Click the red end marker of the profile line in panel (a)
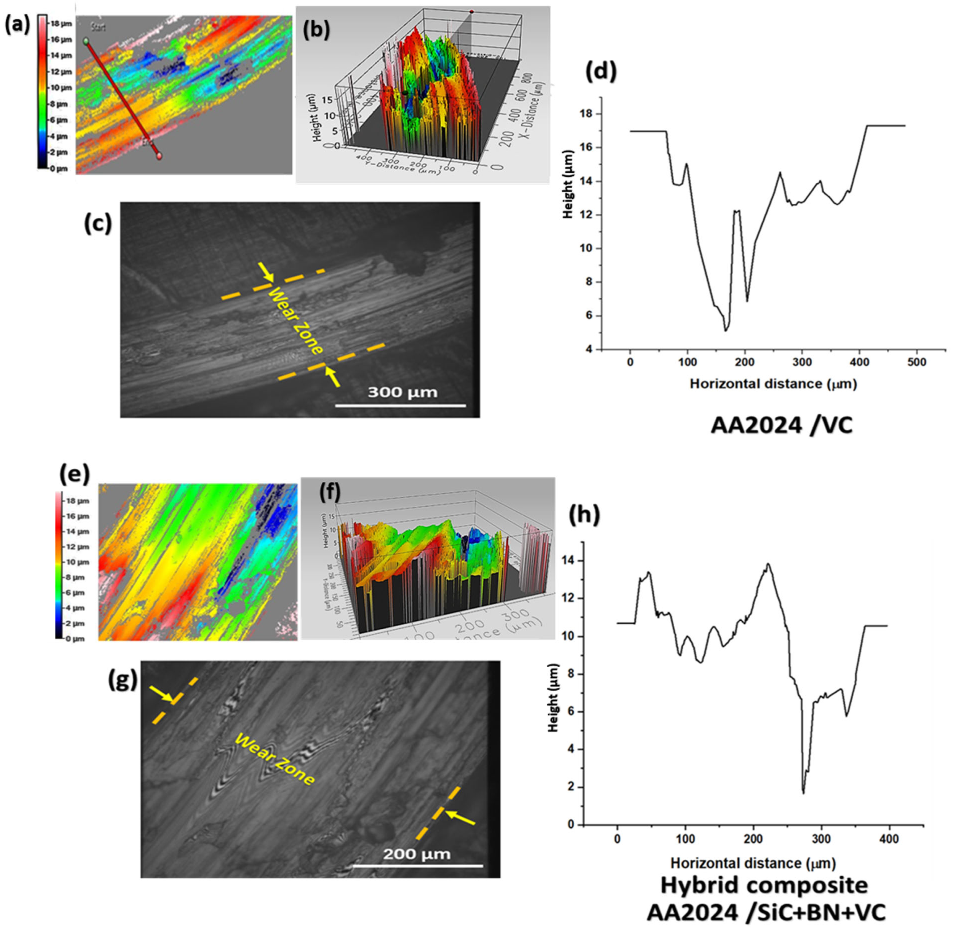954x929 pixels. [x=159, y=156]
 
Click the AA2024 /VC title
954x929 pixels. [x=781, y=426]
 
